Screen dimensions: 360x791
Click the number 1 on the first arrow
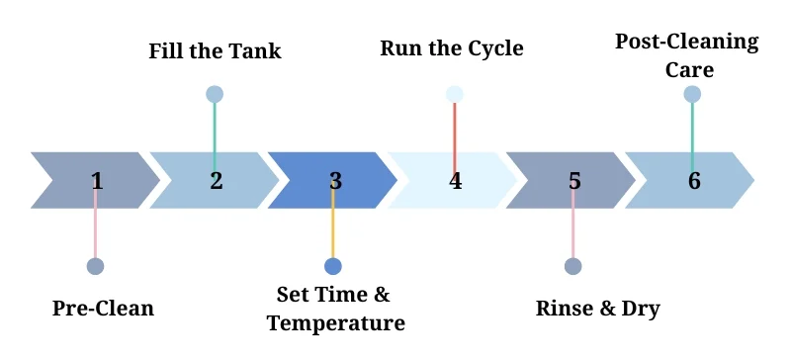[x=96, y=181]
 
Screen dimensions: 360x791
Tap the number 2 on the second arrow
[x=216, y=181]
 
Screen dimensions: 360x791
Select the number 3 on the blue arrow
[x=335, y=181]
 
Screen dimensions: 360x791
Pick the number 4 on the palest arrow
[x=455, y=181]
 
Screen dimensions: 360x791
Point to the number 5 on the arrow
[x=574, y=181]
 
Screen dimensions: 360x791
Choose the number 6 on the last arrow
[x=694, y=181]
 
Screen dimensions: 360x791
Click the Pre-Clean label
[x=103, y=308]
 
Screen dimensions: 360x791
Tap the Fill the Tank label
[x=215, y=50]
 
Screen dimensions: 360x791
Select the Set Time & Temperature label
[x=335, y=310]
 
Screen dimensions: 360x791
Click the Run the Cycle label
[x=452, y=47]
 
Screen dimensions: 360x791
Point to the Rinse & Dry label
[x=597, y=308]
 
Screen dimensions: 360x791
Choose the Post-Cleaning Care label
[x=686, y=55]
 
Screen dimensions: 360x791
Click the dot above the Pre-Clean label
[x=95, y=266]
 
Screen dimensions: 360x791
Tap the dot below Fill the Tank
[x=215, y=94]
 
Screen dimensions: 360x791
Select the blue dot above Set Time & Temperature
[x=333, y=266]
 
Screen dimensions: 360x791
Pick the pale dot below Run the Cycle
[x=455, y=94]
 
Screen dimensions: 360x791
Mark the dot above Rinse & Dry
[x=572, y=266]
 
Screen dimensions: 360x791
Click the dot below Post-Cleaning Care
[x=692, y=94]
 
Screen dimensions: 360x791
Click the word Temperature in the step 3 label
[x=335, y=323]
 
